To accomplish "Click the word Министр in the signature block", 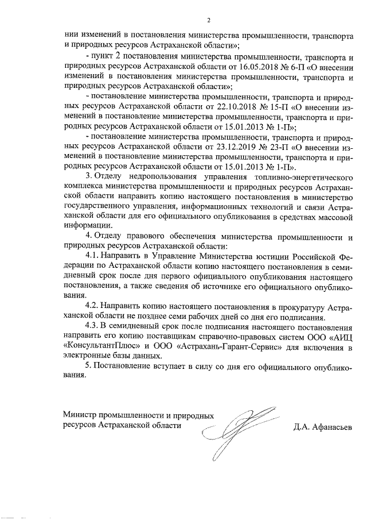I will [x=80, y=415].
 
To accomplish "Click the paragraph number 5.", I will [x=88, y=365].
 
